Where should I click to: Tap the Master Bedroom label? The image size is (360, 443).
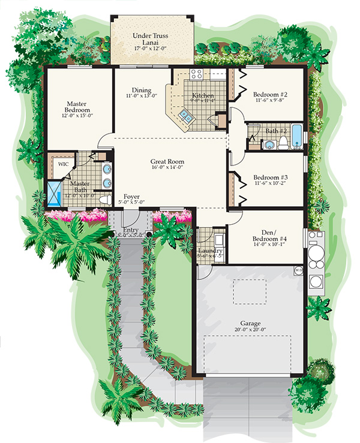point(79,107)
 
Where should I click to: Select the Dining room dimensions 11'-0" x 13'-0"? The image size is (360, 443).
point(142,95)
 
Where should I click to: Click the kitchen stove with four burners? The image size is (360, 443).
point(196,75)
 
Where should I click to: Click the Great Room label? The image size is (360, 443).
point(167,162)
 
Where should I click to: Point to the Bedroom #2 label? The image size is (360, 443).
point(270,95)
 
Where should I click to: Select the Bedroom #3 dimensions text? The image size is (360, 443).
point(270,185)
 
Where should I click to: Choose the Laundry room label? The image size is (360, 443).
point(210,251)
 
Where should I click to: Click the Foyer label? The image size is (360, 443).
point(131,197)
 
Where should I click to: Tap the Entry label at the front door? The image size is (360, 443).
point(130,230)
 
